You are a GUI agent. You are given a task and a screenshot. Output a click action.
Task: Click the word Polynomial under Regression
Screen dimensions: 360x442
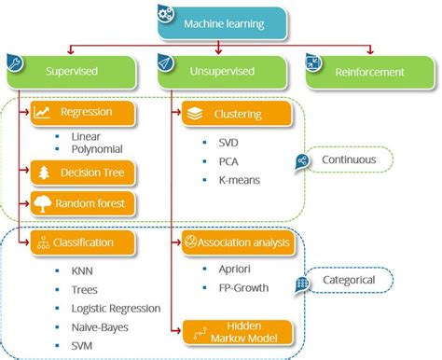96,147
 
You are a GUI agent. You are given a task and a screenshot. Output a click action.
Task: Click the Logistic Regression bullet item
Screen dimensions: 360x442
116,308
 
